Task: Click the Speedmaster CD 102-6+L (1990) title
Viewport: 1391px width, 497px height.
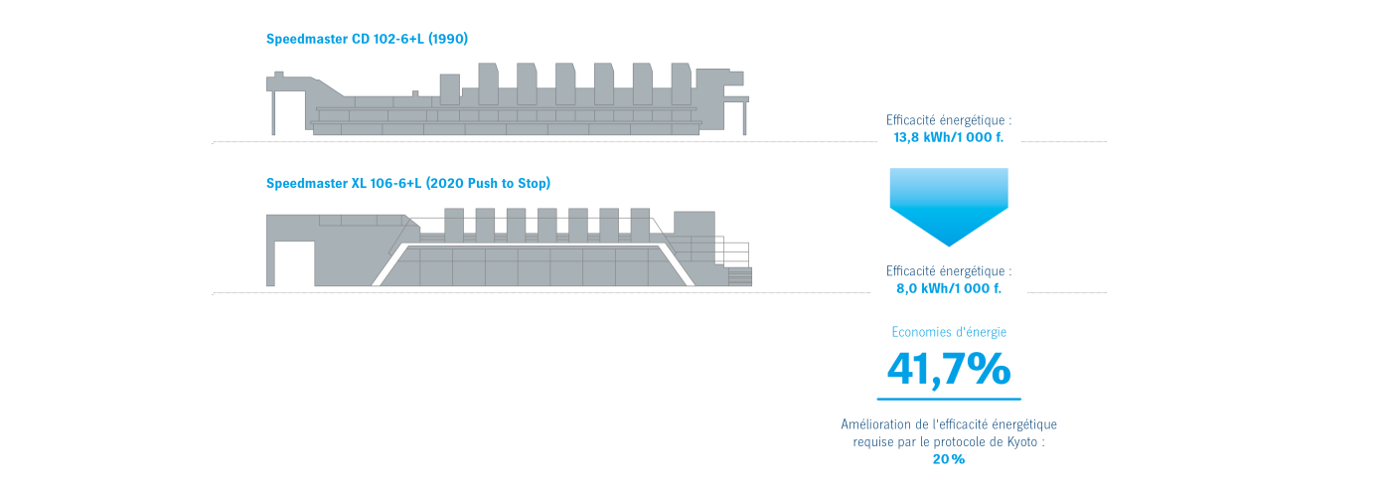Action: (x=367, y=39)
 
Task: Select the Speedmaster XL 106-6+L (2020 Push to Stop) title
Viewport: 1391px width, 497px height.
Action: (x=408, y=183)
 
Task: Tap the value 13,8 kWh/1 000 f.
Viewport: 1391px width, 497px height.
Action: (x=948, y=137)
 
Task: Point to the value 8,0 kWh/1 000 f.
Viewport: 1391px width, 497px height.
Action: (x=948, y=288)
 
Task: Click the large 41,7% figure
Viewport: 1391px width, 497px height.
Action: (x=948, y=370)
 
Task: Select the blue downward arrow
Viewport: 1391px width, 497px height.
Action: (x=949, y=207)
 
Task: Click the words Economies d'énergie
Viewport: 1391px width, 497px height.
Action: (x=949, y=332)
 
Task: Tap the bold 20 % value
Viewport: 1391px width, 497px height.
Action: (x=949, y=459)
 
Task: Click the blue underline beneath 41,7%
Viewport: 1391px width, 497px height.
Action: (x=949, y=399)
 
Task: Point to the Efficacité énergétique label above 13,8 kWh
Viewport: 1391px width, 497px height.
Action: (x=948, y=120)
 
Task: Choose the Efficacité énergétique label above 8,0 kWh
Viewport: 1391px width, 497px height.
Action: (x=948, y=270)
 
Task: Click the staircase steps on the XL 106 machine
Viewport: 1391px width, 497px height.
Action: (x=739, y=276)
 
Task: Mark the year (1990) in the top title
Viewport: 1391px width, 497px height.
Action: (x=448, y=39)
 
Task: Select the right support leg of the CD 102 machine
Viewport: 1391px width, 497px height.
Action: (x=745, y=117)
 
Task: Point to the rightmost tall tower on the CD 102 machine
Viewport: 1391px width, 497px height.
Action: (x=682, y=83)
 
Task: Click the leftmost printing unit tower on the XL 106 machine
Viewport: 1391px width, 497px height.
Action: (x=454, y=225)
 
